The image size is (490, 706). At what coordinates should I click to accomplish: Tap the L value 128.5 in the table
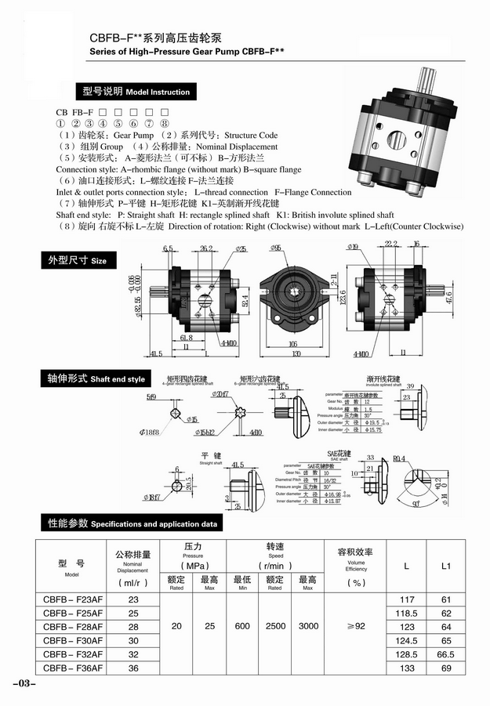point(406,654)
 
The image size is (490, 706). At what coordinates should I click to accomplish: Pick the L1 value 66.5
point(446,654)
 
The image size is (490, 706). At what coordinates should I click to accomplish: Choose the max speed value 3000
point(308,627)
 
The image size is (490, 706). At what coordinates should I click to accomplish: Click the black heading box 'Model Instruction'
point(133,92)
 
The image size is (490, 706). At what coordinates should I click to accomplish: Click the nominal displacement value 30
point(132,640)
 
